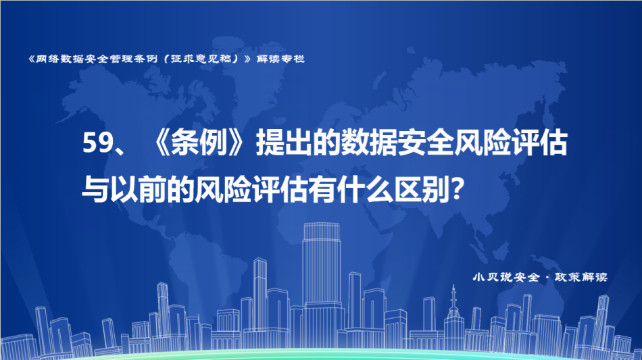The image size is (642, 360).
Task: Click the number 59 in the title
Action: coord(97,143)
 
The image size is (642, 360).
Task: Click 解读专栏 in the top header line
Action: coord(280,59)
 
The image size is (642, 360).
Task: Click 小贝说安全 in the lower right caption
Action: coord(506,278)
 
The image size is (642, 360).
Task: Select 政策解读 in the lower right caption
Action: coord(581,278)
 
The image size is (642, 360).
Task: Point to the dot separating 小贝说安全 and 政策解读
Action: coord(547,278)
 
